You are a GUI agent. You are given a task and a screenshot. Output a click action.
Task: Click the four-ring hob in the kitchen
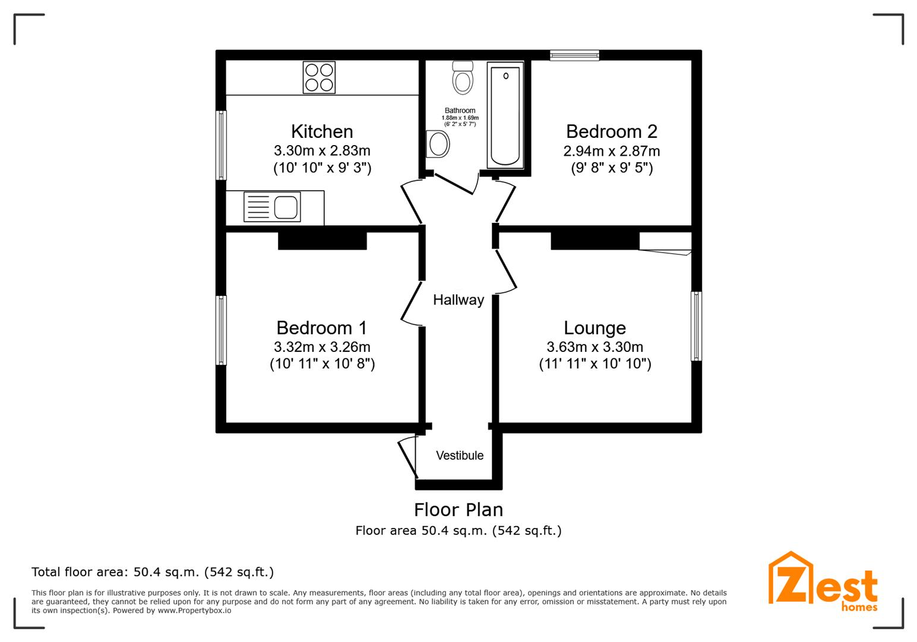(319, 77)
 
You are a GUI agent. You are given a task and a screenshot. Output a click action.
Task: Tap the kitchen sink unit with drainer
(272, 207)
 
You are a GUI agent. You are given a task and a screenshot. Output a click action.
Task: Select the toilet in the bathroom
(463, 78)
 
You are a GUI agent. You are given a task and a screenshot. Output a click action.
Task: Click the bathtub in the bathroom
(505, 115)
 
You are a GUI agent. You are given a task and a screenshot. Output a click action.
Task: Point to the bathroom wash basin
(438, 144)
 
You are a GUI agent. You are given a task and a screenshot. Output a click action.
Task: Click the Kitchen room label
(322, 131)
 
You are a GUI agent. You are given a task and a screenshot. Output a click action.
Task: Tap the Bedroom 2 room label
(612, 131)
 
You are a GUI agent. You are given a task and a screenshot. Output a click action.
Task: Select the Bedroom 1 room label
(322, 328)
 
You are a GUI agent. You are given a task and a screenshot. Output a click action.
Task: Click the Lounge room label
(595, 328)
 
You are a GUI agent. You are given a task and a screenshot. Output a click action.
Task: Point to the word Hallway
(458, 300)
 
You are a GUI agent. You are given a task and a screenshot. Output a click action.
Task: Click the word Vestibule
(460, 455)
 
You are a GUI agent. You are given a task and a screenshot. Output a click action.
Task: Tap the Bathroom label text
(460, 110)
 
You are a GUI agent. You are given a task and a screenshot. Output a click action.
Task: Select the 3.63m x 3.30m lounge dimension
(595, 347)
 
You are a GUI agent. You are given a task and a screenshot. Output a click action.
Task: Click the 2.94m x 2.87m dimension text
(612, 151)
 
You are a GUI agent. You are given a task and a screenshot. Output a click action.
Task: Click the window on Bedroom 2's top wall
(574, 55)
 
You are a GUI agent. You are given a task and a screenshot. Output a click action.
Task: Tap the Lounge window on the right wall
(696, 326)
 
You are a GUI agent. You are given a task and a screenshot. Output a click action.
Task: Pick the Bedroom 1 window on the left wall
(221, 331)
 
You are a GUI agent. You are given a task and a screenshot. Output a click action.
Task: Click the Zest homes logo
(823, 582)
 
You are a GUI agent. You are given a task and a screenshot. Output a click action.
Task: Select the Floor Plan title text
(458, 509)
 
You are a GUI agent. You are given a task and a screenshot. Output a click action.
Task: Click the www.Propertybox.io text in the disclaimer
(194, 610)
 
